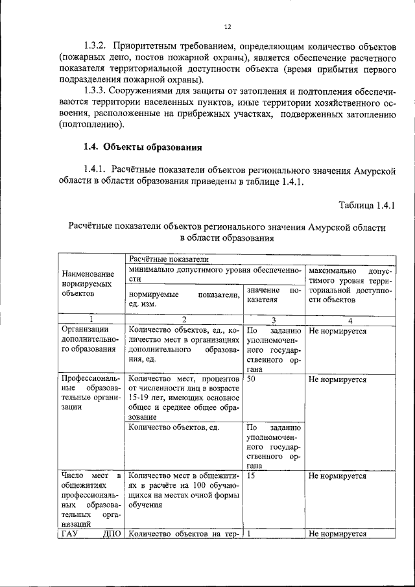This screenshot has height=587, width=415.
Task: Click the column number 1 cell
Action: coord(91,319)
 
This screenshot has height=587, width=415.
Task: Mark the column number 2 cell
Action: coord(184,319)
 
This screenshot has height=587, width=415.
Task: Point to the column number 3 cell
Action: coord(274,319)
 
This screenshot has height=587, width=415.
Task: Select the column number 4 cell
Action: coord(350,319)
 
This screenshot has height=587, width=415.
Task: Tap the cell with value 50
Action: coord(252,377)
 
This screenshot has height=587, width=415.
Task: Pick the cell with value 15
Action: coord(252,475)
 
